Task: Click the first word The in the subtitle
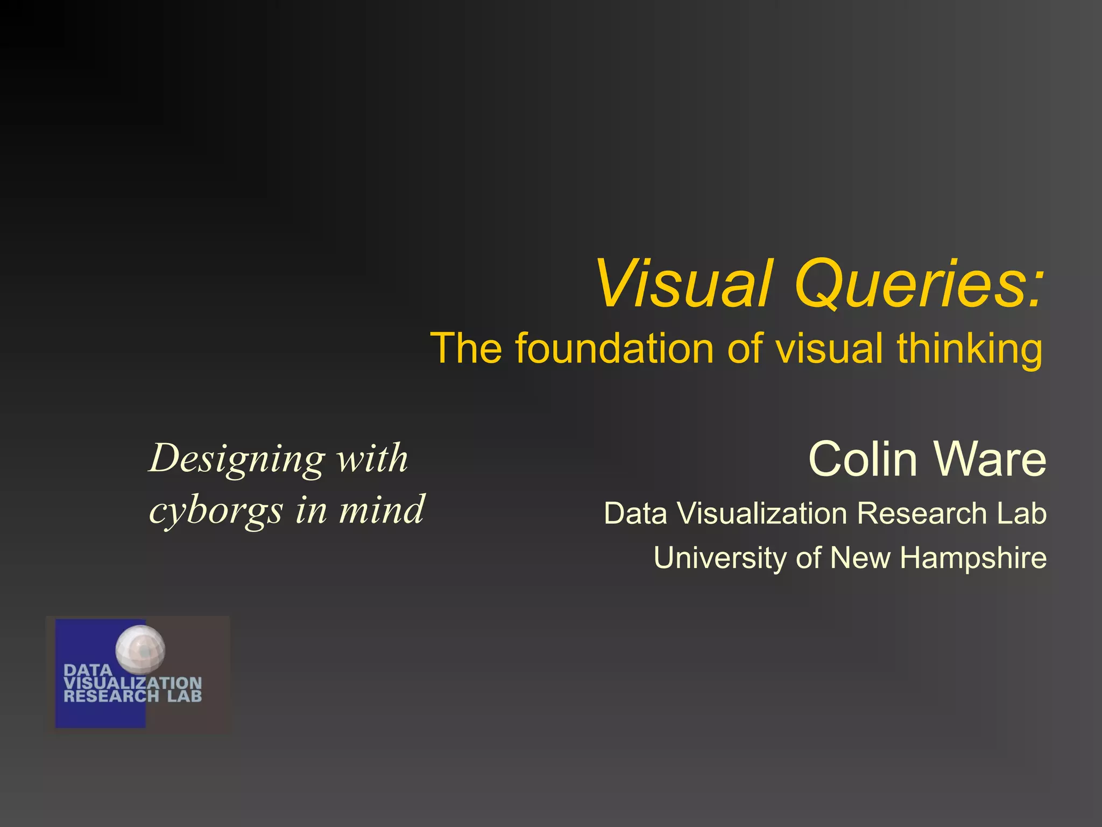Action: [466, 348]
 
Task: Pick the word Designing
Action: [237, 459]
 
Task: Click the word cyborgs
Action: [216, 510]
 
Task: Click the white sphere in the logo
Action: [140, 649]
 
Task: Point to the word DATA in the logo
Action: [88, 670]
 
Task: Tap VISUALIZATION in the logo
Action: [132, 683]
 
